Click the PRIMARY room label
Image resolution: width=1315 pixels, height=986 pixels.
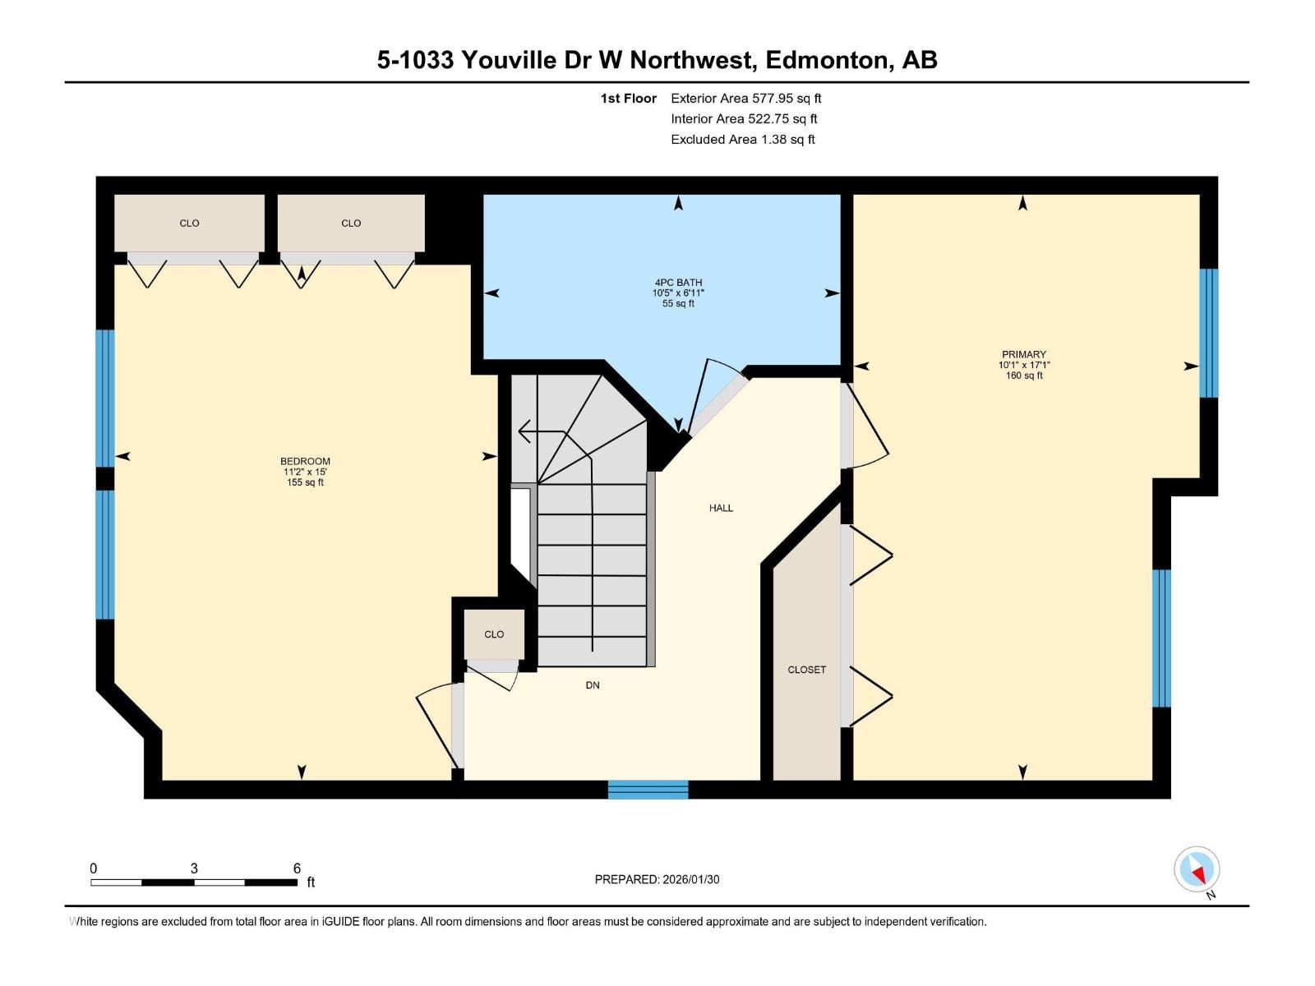[x=1023, y=355]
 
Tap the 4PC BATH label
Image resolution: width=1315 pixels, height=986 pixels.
[x=678, y=283]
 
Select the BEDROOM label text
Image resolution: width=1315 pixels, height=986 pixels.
[x=305, y=462]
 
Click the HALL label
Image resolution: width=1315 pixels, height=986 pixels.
[x=721, y=509]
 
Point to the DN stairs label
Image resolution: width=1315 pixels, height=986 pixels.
[x=593, y=685]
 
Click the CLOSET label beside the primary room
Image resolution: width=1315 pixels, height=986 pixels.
[x=806, y=670]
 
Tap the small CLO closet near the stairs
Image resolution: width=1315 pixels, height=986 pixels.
[x=494, y=634]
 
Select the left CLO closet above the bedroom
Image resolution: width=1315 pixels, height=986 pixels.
[x=189, y=223]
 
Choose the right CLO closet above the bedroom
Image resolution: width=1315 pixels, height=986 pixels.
[x=351, y=223]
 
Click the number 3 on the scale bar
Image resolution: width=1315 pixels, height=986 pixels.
[x=194, y=869]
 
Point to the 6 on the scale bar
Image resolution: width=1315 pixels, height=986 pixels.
[x=297, y=869]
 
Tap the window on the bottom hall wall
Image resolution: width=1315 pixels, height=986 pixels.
[x=648, y=790]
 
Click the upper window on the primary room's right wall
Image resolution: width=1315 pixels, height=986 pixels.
[x=1208, y=333]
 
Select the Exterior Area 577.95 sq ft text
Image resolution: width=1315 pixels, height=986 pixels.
[x=745, y=99]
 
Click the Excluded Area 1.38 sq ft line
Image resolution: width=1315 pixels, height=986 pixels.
[x=742, y=140]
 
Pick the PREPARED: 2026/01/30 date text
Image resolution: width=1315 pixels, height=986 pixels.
[x=657, y=879]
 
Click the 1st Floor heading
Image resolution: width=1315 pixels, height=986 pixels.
[x=628, y=99]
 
